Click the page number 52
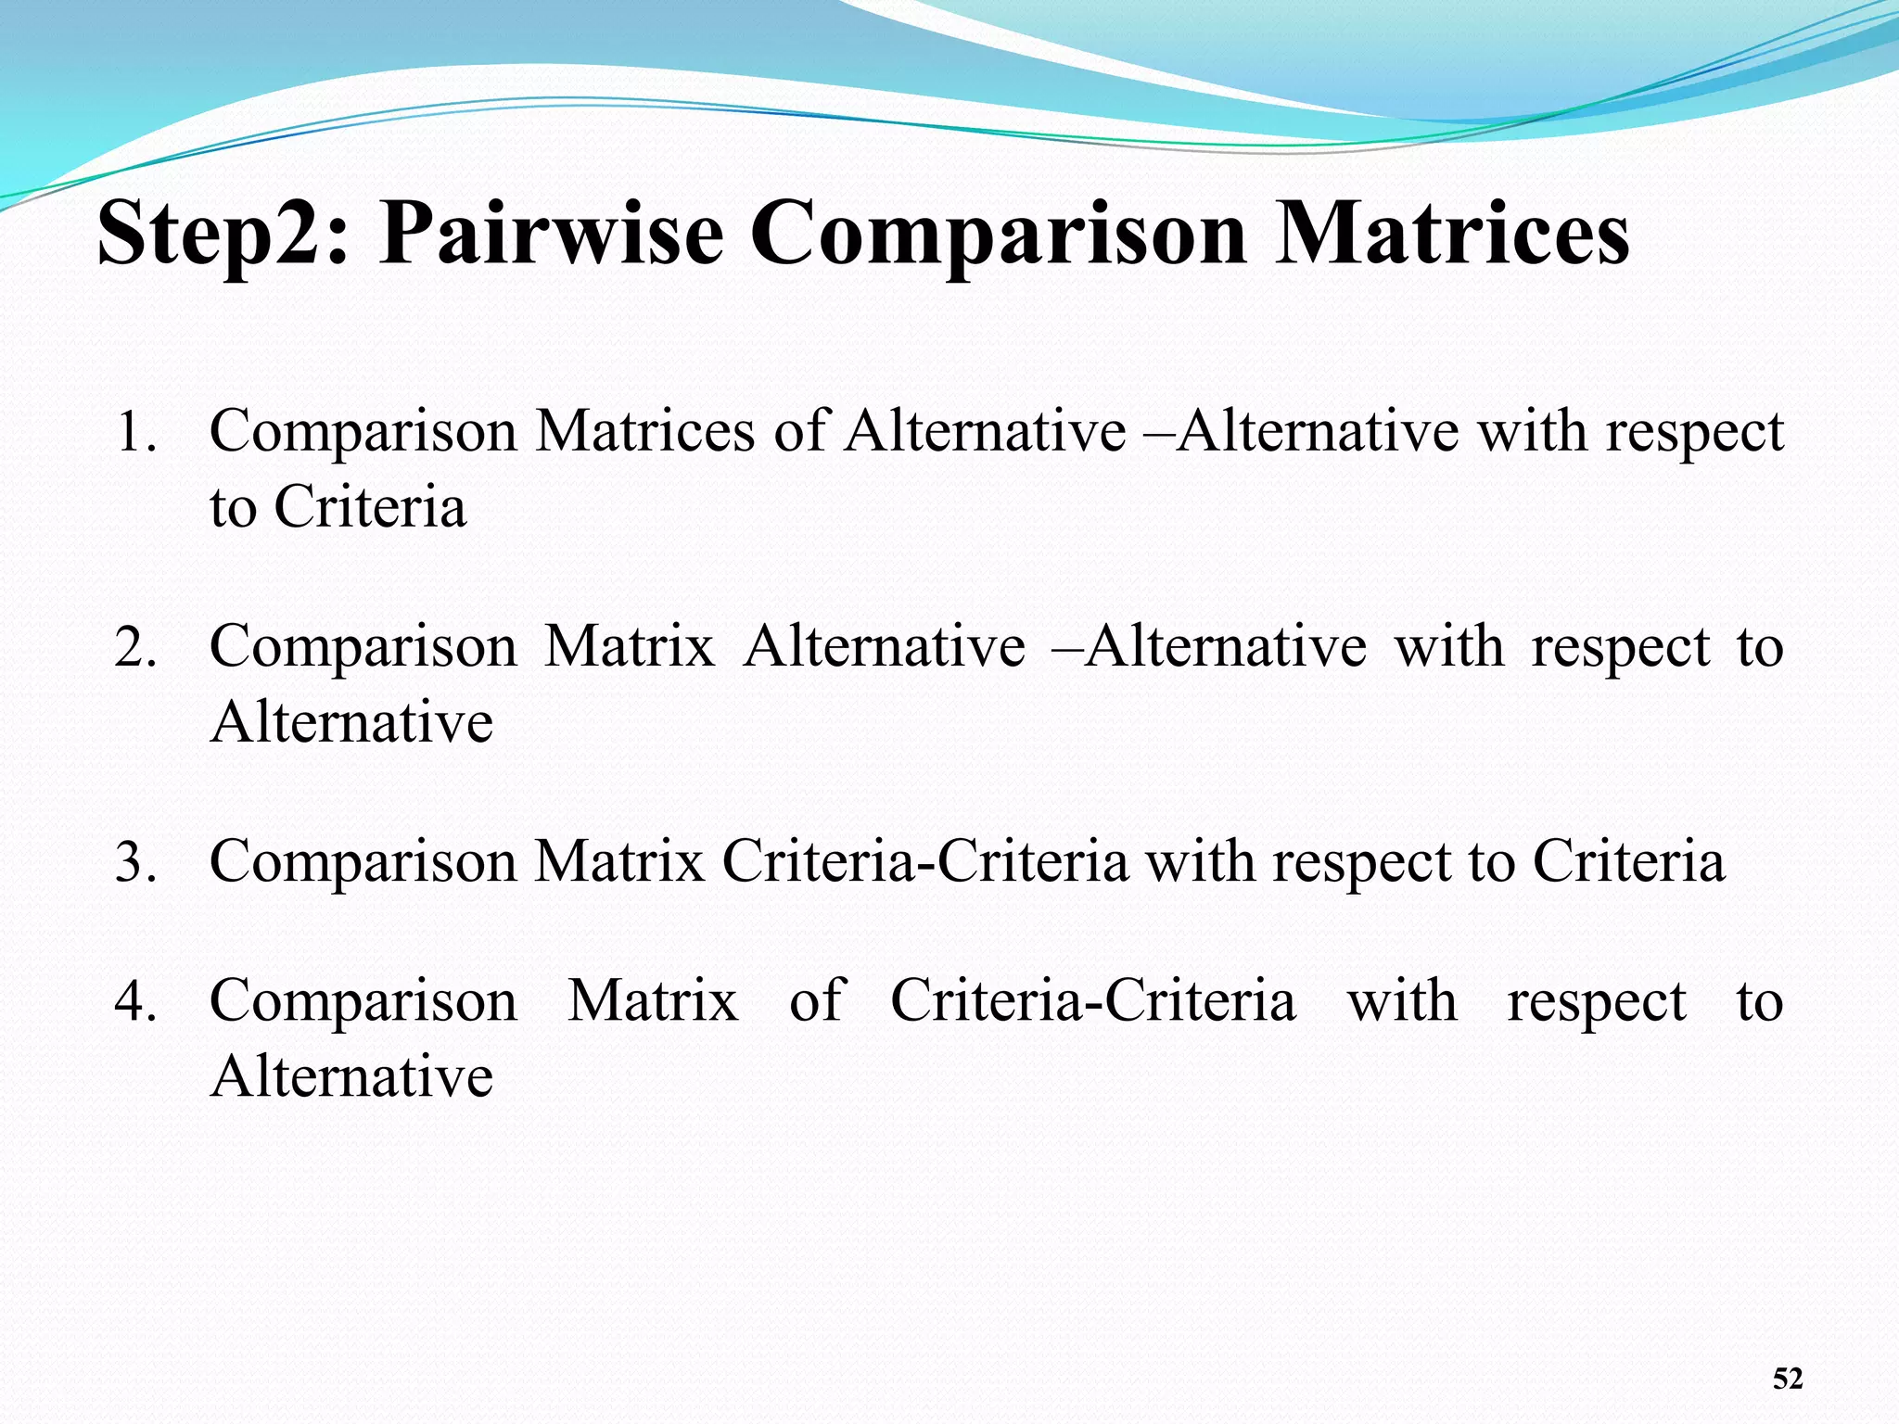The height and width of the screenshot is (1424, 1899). coord(1788,1379)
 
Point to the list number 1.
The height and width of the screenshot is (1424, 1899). coord(136,432)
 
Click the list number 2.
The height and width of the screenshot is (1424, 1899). coord(136,647)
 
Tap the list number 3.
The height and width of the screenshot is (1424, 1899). coord(136,862)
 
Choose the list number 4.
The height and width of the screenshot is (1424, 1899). coord(136,1002)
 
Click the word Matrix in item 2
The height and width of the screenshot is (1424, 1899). coord(630,646)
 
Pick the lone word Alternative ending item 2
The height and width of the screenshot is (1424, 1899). coord(351,722)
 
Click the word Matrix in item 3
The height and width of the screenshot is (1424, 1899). coord(619,861)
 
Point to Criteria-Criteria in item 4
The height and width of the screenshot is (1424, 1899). coord(1093,1001)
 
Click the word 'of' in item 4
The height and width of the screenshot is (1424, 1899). coord(816,1001)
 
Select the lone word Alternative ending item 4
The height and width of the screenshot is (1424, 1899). coord(351,1076)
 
